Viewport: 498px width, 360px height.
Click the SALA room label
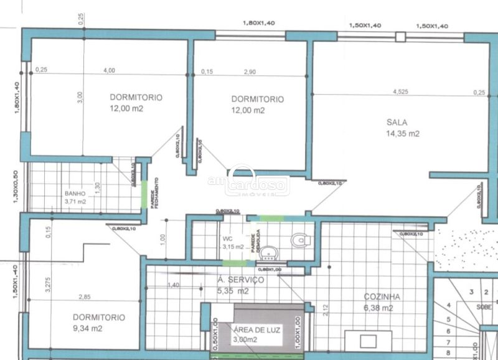point(397,122)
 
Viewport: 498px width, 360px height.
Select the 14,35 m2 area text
point(403,134)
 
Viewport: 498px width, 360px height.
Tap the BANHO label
point(75,193)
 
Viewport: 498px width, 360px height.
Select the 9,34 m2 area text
point(90,328)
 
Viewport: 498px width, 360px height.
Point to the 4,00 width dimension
point(109,70)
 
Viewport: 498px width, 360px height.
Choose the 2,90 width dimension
point(250,72)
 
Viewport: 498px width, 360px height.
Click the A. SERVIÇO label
point(241,280)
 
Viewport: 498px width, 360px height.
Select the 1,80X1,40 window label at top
point(258,23)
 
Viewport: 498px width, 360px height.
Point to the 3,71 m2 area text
point(76,202)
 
